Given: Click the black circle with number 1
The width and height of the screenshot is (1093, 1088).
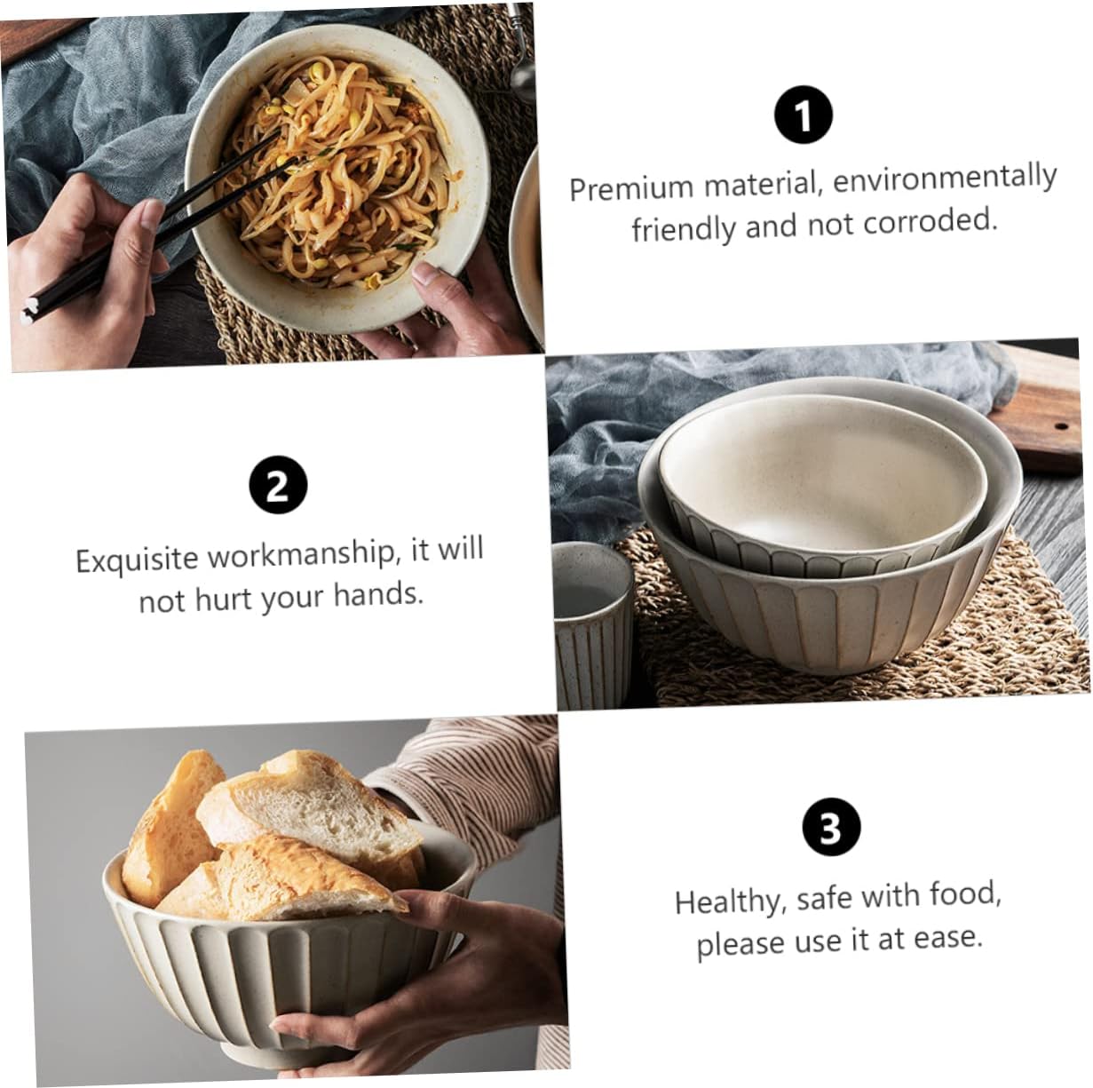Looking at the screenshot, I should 803,115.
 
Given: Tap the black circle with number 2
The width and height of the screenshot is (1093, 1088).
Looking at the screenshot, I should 278,485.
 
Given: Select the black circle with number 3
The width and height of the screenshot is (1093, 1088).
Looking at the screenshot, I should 831,827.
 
